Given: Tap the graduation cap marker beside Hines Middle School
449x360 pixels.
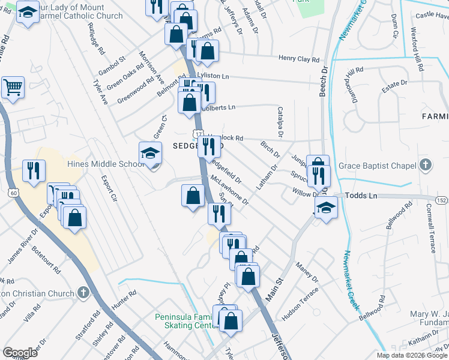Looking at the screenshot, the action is tap(150, 154).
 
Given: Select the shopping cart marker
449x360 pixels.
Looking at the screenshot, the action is tap(13, 88).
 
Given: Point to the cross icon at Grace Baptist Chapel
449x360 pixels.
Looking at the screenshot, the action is tap(425, 164).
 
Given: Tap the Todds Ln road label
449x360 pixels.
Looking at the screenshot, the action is tap(364, 196).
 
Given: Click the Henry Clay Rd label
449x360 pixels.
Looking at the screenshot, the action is tap(298, 59).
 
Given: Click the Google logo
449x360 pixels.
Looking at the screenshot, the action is tap(20, 353).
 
